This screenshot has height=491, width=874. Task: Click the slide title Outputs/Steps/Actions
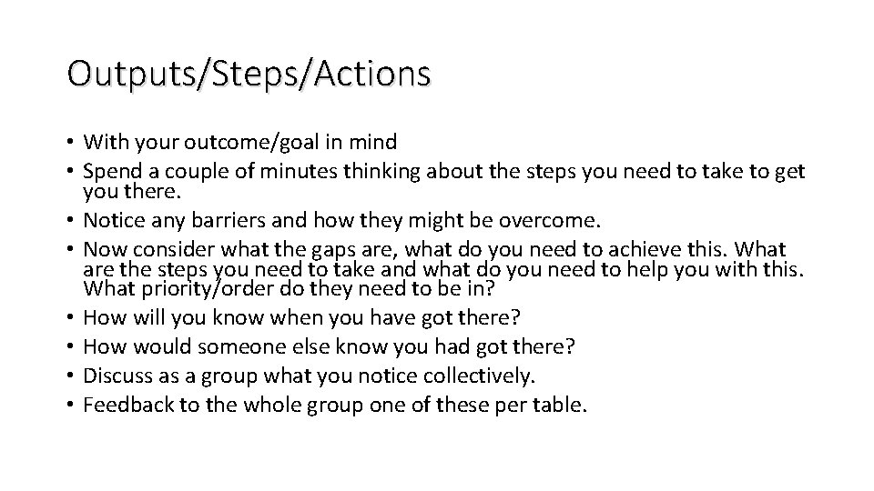(x=248, y=74)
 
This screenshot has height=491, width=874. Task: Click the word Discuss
(x=113, y=375)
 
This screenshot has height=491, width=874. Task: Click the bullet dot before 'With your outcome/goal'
(x=70, y=142)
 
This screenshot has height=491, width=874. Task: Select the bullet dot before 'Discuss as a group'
(x=70, y=375)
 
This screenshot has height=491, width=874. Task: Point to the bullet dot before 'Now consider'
(x=70, y=247)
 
